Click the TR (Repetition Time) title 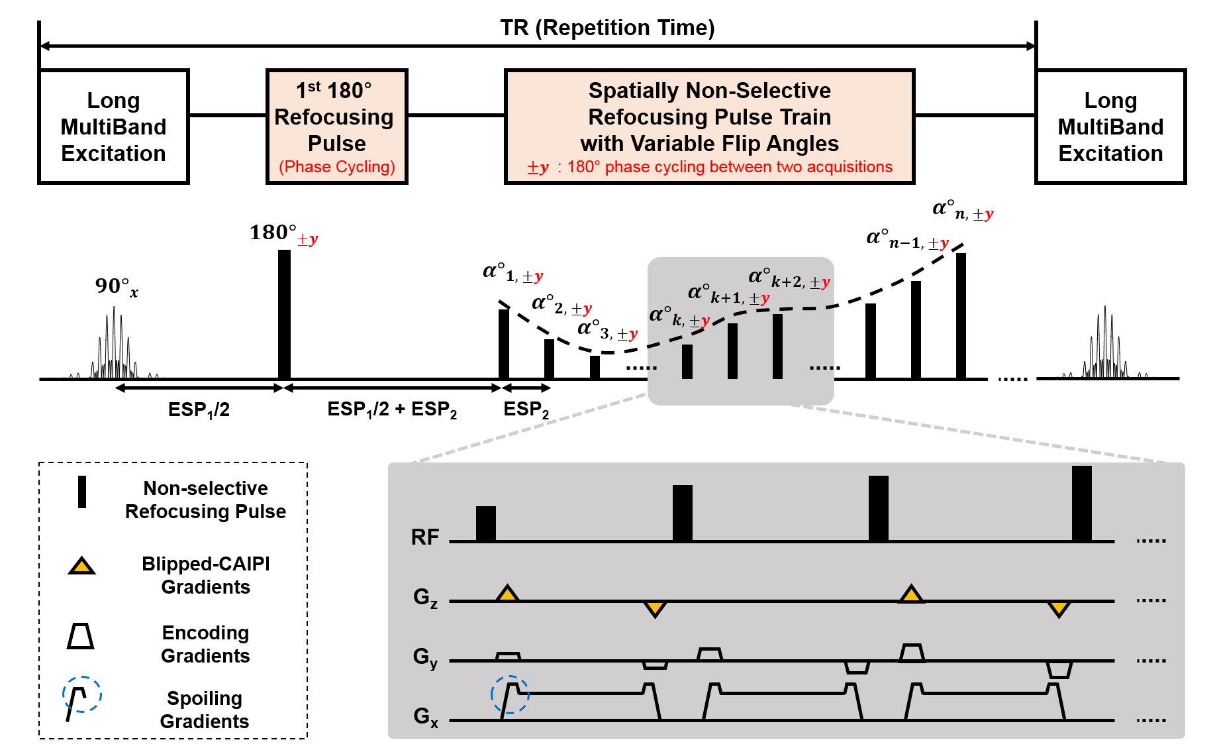[607, 28]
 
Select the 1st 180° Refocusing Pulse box [336, 126]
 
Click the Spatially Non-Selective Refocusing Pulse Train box [709, 126]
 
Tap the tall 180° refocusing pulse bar [284, 314]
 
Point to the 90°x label [117, 287]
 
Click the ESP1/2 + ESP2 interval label [392, 409]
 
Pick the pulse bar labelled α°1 [504, 344]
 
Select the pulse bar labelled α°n [961, 316]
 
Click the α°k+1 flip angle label [728, 294]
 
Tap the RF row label [425, 537]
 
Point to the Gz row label [425, 598]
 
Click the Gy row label [425, 657]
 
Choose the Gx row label [425, 716]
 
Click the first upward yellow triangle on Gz [507, 594]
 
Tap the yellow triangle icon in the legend [81, 566]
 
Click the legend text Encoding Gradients [205, 644]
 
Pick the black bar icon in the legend [82, 492]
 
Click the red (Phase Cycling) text [336, 167]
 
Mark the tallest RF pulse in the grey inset [1081, 504]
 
